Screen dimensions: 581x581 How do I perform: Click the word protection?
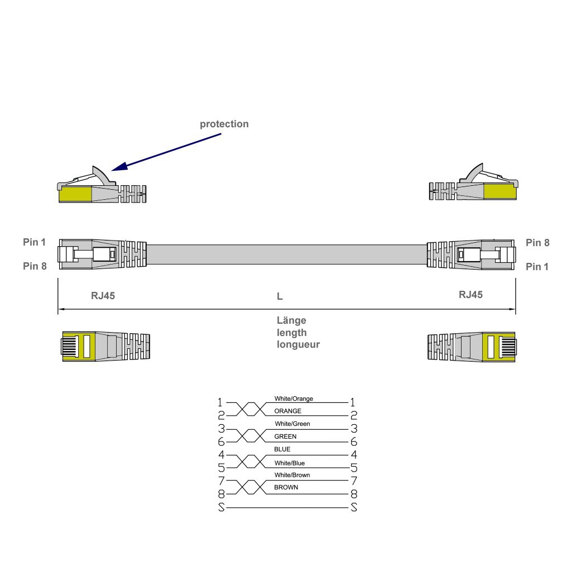pyautogui.click(x=224, y=124)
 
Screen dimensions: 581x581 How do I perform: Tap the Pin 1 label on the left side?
pyautogui.click(x=35, y=242)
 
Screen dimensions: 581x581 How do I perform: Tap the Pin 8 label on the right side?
pyautogui.click(x=537, y=243)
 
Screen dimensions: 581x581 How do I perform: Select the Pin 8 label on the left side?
pyautogui.click(x=35, y=266)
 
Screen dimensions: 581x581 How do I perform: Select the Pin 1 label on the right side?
pyautogui.click(x=537, y=267)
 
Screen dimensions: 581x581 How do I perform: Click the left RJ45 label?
pyautogui.click(x=103, y=296)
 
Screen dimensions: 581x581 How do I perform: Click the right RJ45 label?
pyautogui.click(x=470, y=295)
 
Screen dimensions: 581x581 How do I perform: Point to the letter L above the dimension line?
pyautogui.click(x=280, y=296)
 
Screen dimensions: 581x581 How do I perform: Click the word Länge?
pyautogui.click(x=291, y=320)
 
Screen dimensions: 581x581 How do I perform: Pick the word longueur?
pyautogui.click(x=298, y=344)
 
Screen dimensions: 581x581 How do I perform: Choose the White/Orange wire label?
pyautogui.click(x=294, y=399)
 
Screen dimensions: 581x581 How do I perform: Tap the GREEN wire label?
pyautogui.click(x=285, y=436)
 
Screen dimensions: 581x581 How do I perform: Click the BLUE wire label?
pyautogui.click(x=282, y=449)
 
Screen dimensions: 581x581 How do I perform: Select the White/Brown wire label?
pyautogui.click(x=292, y=475)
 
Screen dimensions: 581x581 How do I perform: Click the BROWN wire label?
pyautogui.click(x=286, y=487)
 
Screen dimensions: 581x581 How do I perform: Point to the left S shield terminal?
pyautogui.click(x=221, y=508)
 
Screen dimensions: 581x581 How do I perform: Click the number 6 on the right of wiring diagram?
pyautogui.click(x=354, y=442)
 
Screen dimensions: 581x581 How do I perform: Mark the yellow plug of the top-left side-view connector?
pyautogui.click(x=75, y=195)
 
